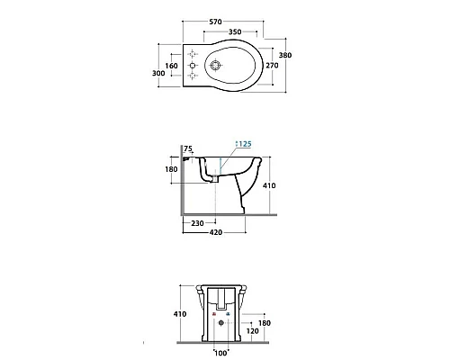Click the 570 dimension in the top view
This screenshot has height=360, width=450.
click(215, 22)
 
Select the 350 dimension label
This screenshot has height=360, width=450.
click(235, 31)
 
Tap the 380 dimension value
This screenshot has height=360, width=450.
click(285, 55)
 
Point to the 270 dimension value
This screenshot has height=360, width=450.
click(272, 66)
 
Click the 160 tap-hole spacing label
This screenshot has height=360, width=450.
click(172, 66)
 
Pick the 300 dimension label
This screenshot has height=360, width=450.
click(158, 73)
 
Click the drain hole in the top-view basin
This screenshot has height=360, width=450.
click(215, 65)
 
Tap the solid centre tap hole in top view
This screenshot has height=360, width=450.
click(193, 65)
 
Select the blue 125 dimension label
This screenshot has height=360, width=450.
click(245, 144)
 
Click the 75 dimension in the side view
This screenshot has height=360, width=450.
click(188, 148)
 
